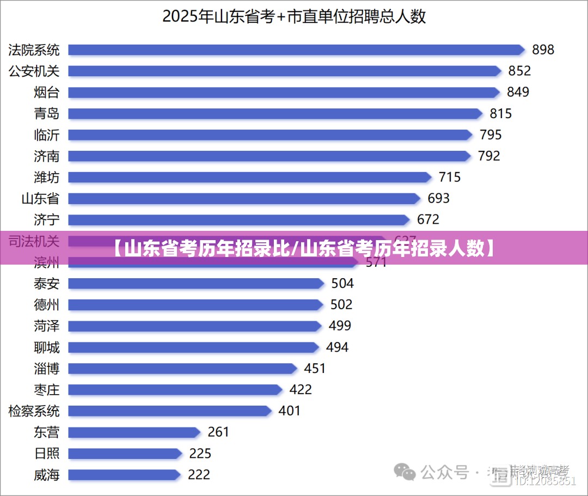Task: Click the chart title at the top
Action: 294,16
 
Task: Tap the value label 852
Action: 519,71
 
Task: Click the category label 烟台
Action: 47,92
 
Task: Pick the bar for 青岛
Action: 275,114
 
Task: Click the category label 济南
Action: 47,156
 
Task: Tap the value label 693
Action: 438,198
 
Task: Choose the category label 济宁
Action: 47,220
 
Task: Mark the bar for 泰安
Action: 196,284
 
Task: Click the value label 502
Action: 341,304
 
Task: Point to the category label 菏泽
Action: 47,326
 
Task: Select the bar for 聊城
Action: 193,347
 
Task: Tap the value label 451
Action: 315,369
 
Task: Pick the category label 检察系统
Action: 34,411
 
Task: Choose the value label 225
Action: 200,454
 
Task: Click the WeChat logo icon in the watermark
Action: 405,471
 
